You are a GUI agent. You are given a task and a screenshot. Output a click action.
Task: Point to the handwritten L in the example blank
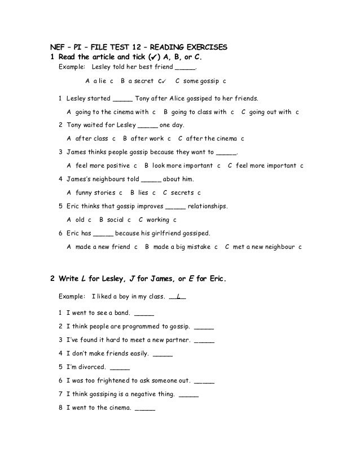tap(178, 296)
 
